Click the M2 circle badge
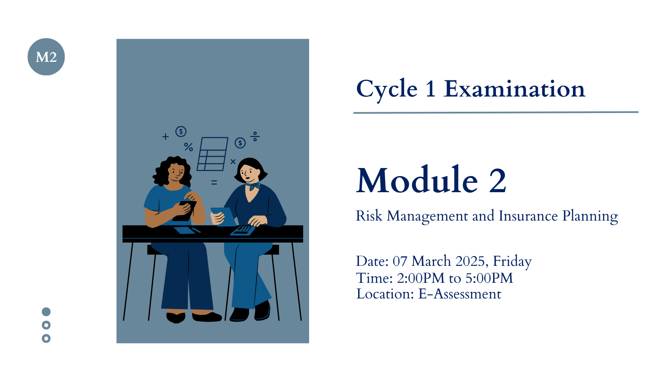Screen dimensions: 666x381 click(x=46, y=57)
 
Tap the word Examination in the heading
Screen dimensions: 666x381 click(x=514, y=89)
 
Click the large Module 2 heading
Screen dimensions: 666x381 click(x=431, y=180)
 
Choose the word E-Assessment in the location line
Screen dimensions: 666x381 click(x=460, y=294)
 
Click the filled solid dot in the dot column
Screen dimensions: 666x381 click(x=46, y=312)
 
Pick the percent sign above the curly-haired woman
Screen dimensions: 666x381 click(x=188, y=147)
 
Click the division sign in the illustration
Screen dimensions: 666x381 click(x=255, y=136)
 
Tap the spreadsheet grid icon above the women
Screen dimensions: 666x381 click(x=213, y=154)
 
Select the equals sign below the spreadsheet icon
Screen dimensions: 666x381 click(x=214, y=182)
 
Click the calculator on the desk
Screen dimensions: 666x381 click(x=243, y=230)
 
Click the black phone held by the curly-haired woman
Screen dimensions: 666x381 click(x=185, y=211)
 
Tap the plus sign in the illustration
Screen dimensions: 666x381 click(x=165, y=137)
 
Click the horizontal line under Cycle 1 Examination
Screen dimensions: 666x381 click(x=496, y=113)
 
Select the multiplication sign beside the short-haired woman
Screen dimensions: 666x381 click(x=233, y=162)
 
